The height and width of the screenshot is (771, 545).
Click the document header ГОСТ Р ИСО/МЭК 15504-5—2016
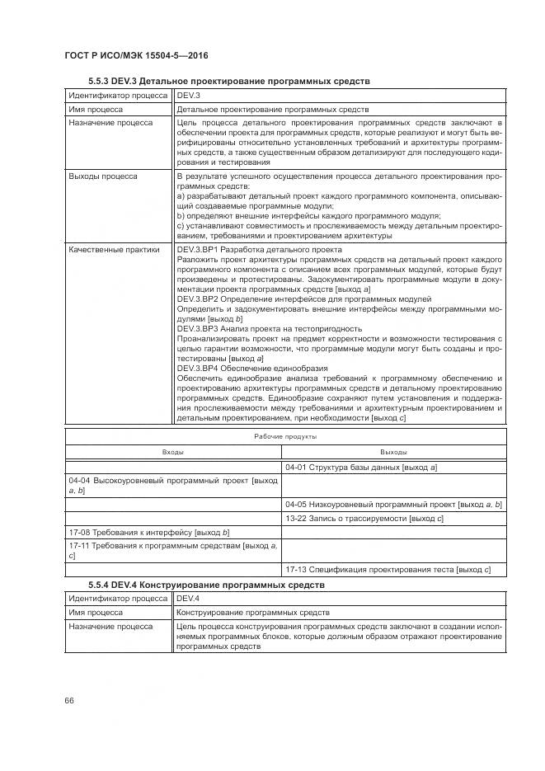(x=136, y=55)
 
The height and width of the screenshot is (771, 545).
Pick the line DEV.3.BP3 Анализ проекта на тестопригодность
(x=270, y=327)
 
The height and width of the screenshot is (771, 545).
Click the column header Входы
(x=173, y=452)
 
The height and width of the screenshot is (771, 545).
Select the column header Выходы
(x=393, y=452)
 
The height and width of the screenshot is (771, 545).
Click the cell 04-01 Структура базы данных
(x=360, y=468)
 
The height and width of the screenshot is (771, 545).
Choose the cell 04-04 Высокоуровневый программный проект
(x=173, y=485)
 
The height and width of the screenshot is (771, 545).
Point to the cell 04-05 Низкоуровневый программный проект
(x=393, y=503)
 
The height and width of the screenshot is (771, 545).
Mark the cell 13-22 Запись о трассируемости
(x=364, y=519)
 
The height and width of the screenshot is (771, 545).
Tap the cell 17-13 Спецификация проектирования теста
(x=388, y=569)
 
